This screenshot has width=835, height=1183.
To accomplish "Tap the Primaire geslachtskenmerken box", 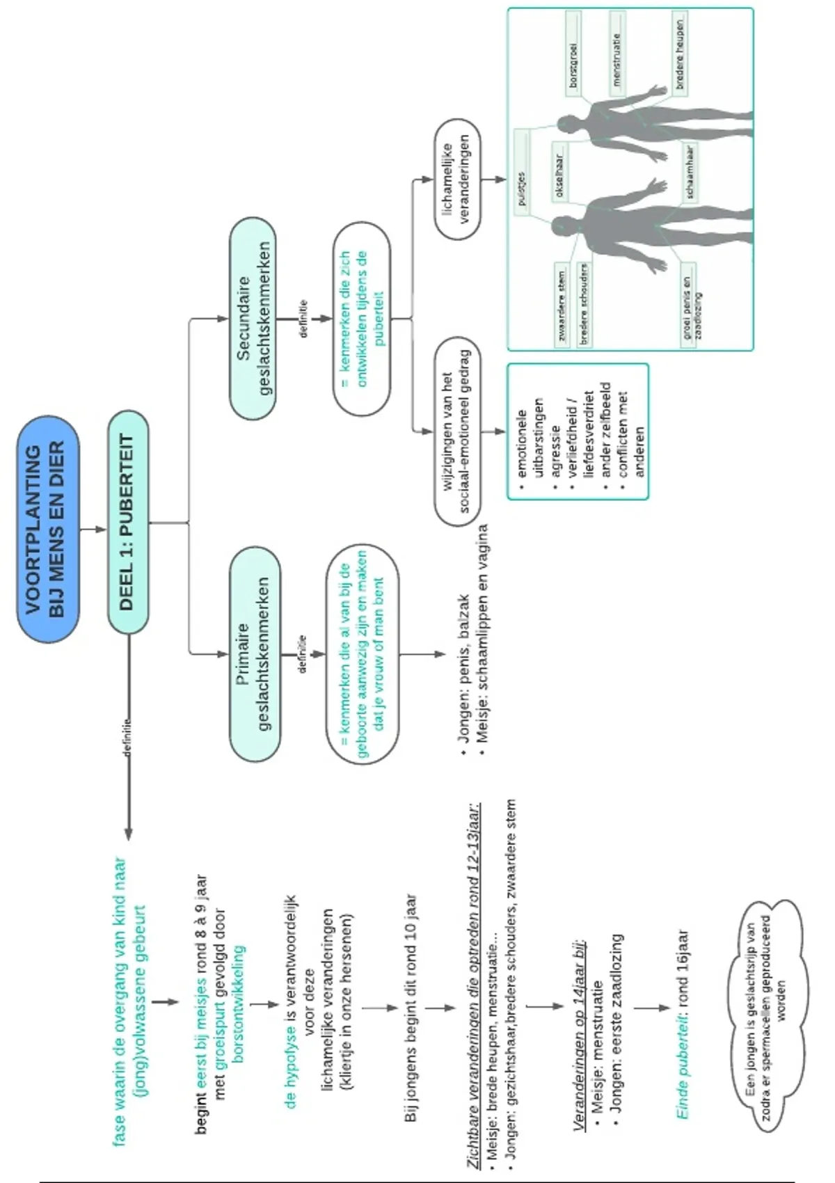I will pos(255,654).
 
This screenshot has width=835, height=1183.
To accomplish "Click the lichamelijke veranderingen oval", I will pos(457,180).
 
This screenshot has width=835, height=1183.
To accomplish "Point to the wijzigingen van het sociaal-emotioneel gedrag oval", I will pos(457,431).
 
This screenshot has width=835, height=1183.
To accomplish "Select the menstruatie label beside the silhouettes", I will pos(617,53).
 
